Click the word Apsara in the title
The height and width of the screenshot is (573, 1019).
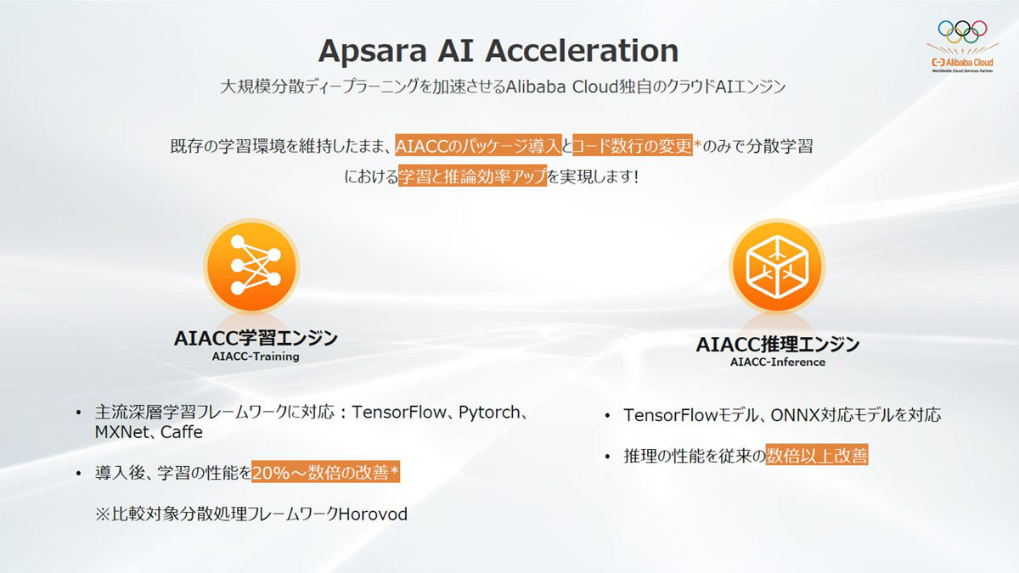click(372, 52)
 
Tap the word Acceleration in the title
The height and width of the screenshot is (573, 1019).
click(582, 50)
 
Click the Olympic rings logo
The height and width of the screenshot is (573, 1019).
click(962, 31)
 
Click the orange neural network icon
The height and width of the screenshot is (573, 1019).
click(251, 266)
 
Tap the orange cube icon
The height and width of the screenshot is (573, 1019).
click(777, 266)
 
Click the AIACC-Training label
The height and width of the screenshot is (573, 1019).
click(256, 357)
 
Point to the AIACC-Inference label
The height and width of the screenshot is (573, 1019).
click(778, 362)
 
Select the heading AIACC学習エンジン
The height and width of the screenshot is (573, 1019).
click(256, 339)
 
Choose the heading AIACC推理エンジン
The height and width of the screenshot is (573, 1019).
click(778, 345)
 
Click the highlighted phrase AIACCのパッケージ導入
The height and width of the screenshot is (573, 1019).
click(478, 145)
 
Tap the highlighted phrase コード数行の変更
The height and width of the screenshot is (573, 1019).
click(633, 145)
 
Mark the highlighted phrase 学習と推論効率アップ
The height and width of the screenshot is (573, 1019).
click(473, 176)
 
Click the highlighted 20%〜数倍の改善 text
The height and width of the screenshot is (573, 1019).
click(326, 472)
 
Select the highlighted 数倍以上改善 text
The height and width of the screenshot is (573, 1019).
click(817, 455)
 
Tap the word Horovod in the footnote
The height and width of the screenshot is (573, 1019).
click(373, 514)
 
